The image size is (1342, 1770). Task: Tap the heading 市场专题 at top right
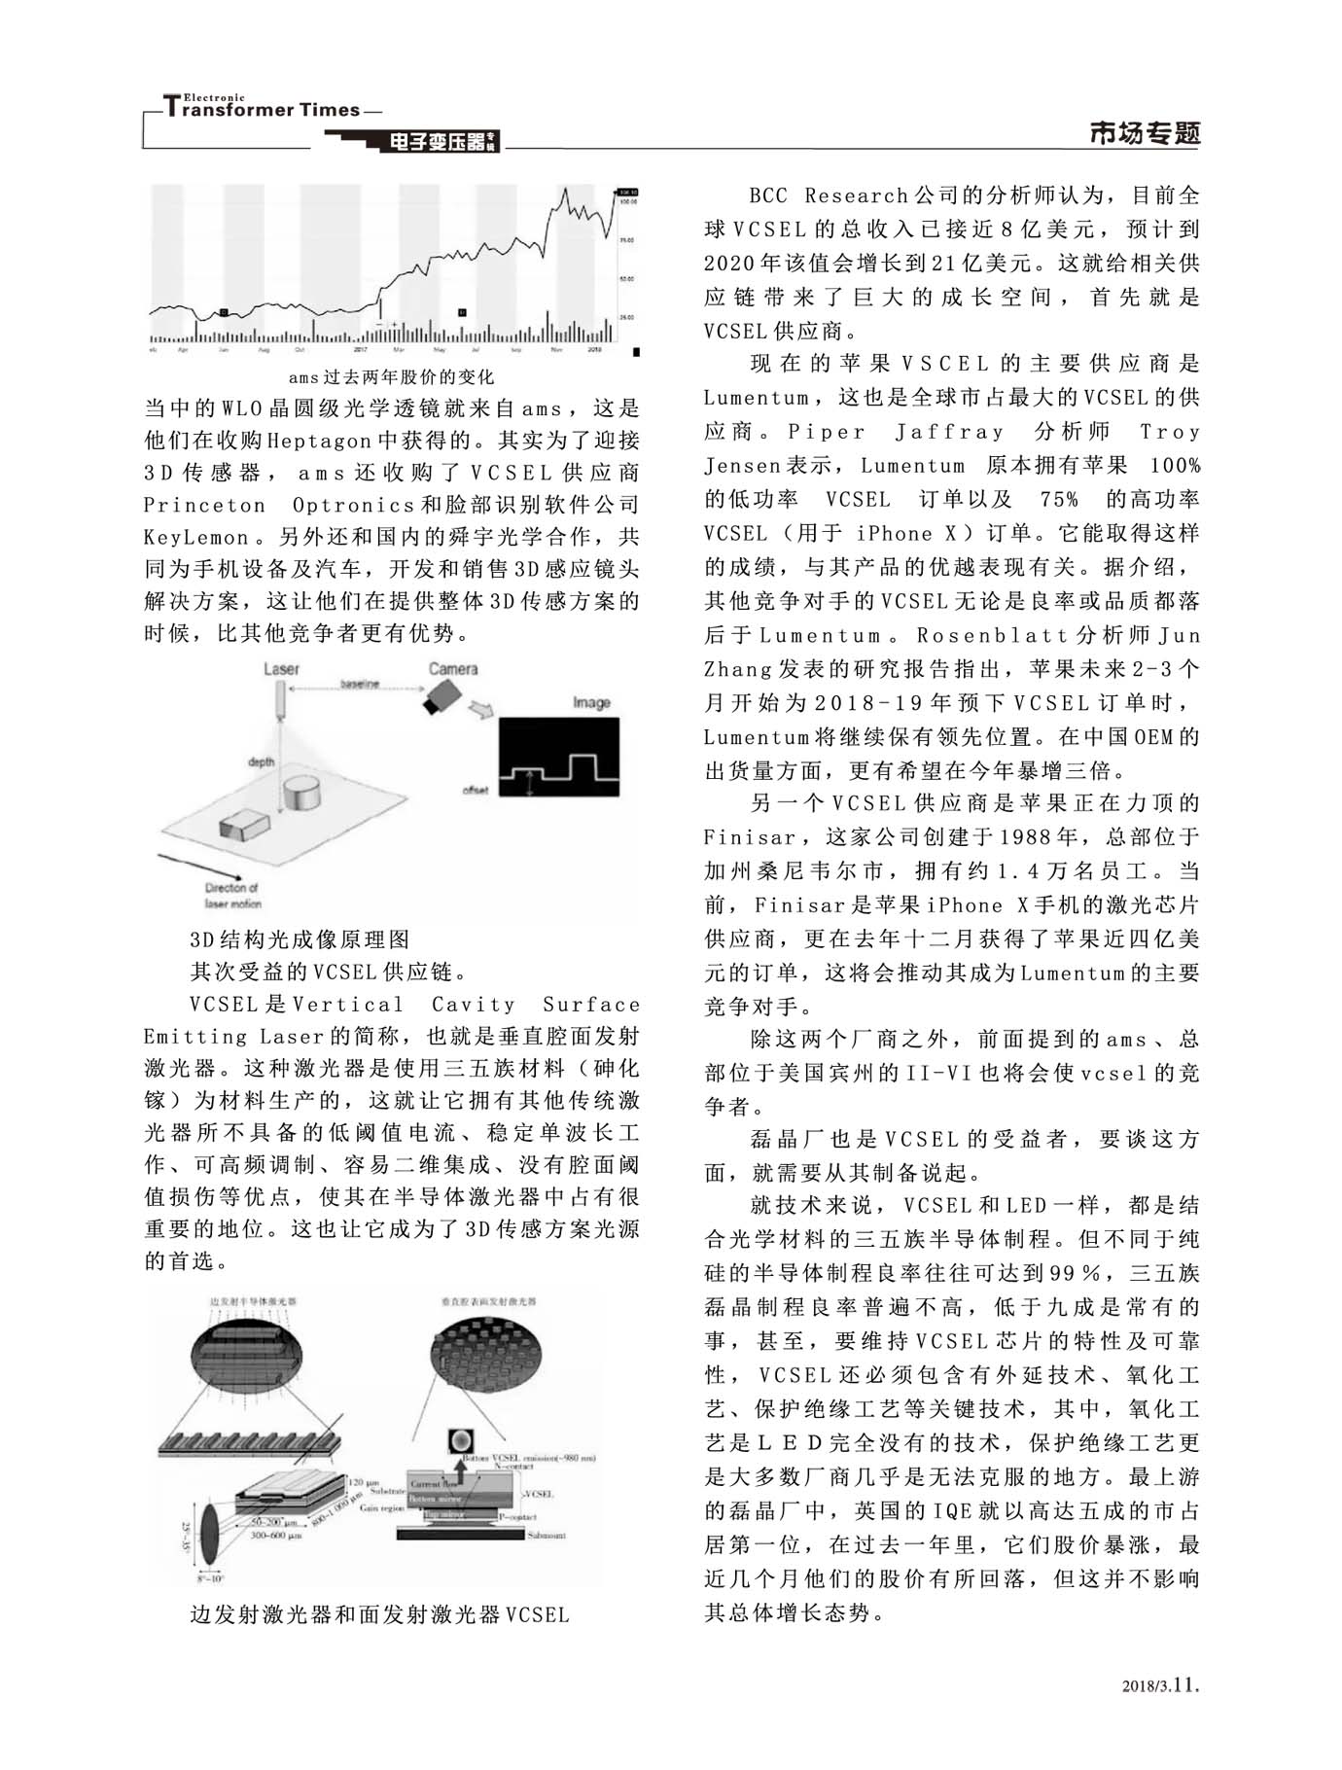1145,134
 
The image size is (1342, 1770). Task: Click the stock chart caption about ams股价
391,376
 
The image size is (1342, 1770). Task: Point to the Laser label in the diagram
282,669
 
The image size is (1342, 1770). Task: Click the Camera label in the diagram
453,669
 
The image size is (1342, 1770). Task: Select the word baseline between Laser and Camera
360,685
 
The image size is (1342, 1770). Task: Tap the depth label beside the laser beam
262,761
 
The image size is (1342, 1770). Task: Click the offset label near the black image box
476,790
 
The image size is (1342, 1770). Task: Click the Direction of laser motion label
232,896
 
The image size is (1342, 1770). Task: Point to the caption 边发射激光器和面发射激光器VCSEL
379,1615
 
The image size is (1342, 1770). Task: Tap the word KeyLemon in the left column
196,537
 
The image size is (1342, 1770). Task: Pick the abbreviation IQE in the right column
951,1511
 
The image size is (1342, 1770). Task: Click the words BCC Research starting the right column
828,195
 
